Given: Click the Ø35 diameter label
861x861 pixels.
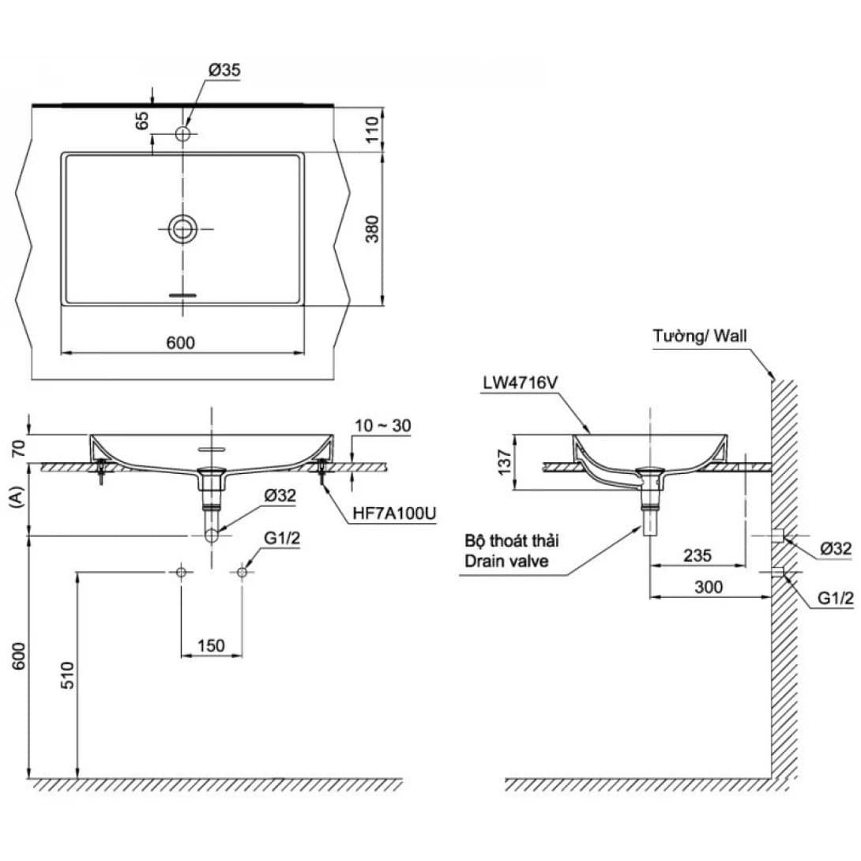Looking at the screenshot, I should pos(224,70).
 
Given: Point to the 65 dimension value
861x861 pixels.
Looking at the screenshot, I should pos(142,122).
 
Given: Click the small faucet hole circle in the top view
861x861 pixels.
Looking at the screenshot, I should pos(183,133).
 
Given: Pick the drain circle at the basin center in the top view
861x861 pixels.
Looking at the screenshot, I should pos(183,229).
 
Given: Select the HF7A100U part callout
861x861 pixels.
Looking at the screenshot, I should pos(395,513).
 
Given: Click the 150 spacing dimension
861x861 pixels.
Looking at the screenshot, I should pos(211,645).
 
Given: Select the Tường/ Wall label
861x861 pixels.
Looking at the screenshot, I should pos(700,337).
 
